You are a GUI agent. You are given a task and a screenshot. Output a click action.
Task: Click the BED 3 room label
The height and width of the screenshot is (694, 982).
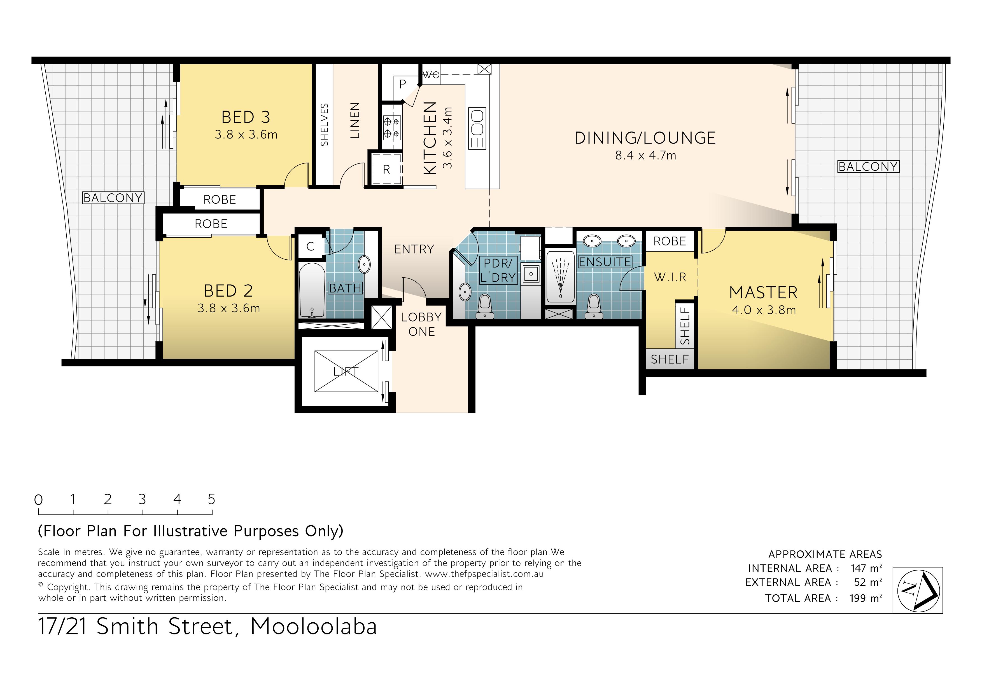click(x=246, y=117)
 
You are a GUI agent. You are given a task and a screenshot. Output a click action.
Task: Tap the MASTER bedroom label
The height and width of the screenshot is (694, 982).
click(x=763, y=293)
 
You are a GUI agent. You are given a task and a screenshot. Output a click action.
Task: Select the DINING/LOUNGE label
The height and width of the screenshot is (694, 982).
click(x=645, y=138)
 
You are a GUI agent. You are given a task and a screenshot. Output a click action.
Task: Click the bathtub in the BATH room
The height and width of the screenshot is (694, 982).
click(x=312, y=290)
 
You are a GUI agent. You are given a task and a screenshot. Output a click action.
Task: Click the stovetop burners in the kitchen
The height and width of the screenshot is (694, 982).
click(x=392, y=127)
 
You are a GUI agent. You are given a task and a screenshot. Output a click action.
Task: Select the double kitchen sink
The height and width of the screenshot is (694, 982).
click(x=477, y=128)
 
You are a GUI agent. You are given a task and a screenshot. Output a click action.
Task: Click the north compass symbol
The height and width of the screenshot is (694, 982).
click(x=918, y=590)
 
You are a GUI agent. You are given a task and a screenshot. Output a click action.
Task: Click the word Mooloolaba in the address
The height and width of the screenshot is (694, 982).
click(x=314, y=627)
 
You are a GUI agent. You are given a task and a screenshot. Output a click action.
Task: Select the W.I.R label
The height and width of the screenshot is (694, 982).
click(x=670, y=277)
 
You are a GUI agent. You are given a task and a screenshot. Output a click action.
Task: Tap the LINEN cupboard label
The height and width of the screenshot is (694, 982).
click(x=355, y=121)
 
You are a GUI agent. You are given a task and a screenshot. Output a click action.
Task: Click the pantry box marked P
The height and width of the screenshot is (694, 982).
click(x=402, y=84)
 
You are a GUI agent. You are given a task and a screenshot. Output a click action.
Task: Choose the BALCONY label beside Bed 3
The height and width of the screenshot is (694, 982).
click(x=113, y=198)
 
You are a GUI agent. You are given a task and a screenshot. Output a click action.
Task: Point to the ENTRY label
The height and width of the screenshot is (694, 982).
click(x=414, y=249)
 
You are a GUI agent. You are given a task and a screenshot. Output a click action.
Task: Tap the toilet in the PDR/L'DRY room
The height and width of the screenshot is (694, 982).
click(x=485, y=307)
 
